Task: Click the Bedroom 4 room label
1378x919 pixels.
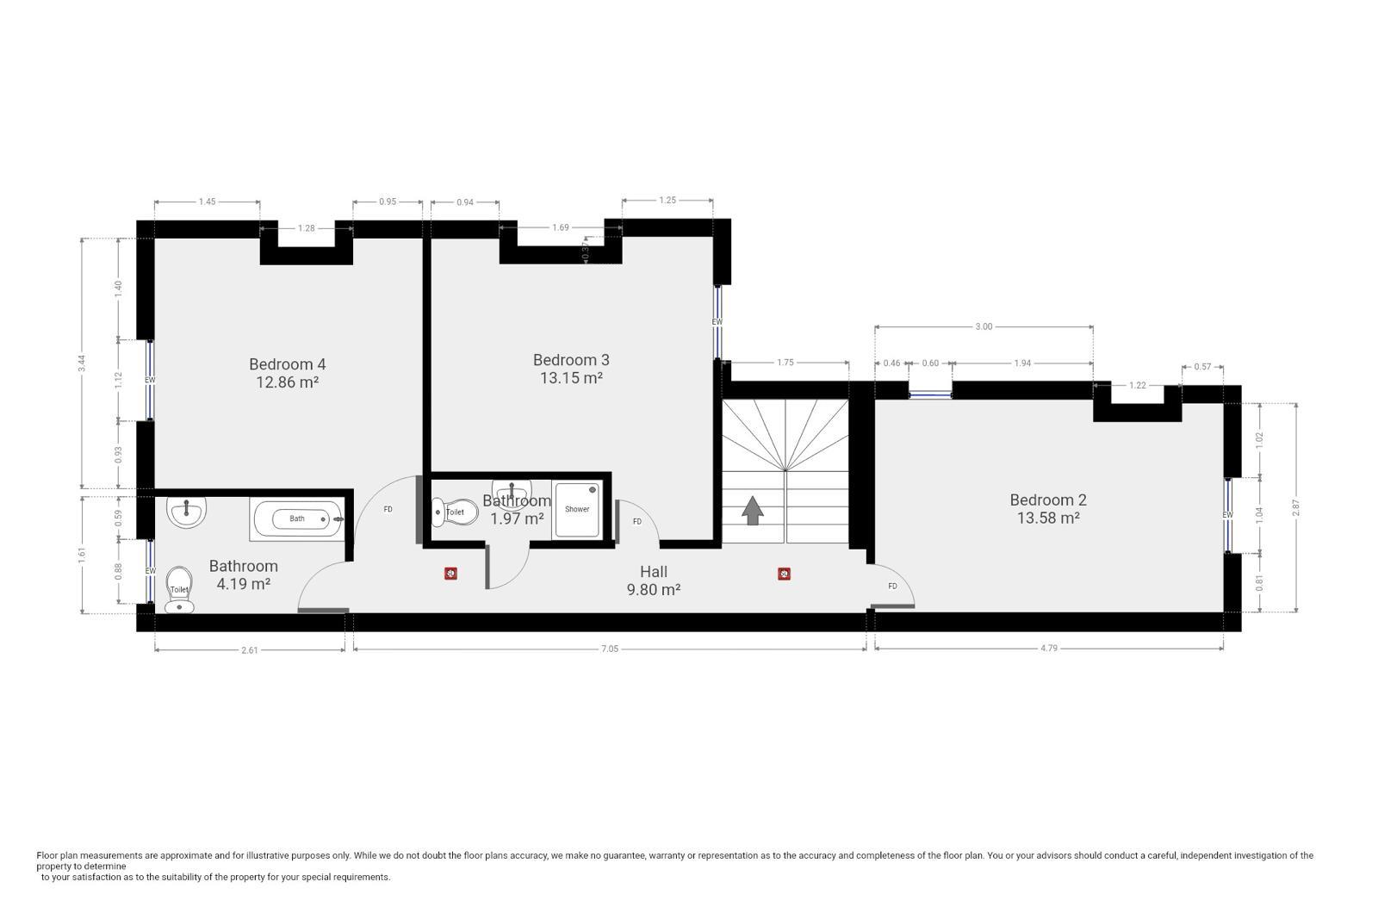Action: click(288, 364)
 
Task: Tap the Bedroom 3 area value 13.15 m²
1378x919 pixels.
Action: click(571, 378)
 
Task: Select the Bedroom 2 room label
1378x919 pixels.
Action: click(1048, 500)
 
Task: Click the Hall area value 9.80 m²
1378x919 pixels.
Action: click(654, 590)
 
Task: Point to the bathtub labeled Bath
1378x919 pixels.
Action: click(297, 518)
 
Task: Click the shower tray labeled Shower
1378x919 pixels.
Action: click(577, 509)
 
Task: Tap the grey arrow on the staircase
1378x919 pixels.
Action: click(753, 511)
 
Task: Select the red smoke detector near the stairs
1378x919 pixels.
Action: click(785, 574)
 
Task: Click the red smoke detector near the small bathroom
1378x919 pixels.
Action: click(451, 574)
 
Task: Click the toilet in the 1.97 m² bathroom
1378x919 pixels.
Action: click(455, 512)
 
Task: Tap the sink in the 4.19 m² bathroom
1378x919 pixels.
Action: click(187, 511)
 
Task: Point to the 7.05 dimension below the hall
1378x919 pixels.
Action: click(610, 649)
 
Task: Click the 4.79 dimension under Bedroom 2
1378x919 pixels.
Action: click(1049, 648)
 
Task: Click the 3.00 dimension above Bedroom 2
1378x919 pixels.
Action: click(984, 326)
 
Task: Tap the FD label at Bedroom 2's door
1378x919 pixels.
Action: click(892, 587)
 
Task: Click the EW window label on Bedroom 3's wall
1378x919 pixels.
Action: click(717, 322)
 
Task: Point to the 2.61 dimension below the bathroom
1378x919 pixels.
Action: click(250, 650)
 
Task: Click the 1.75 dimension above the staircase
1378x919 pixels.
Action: click(785, 363)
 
